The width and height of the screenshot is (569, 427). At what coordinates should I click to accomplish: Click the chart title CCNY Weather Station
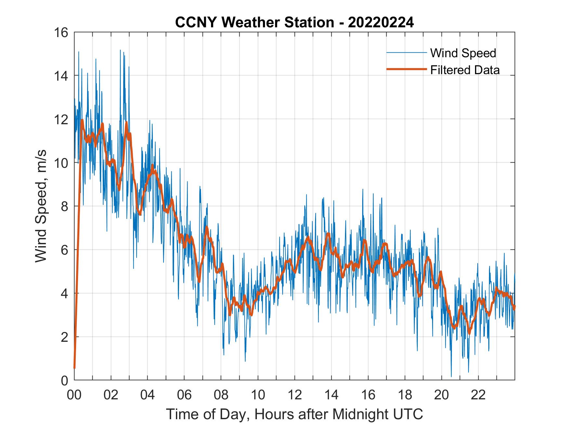(254, 23)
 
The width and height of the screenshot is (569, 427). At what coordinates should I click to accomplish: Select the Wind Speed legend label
(463, 53)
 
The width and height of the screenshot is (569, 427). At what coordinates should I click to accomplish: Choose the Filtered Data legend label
(465, 70)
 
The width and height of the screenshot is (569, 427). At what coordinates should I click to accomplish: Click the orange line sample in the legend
(406, 69)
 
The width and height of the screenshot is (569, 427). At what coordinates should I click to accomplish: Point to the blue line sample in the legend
(406, 53)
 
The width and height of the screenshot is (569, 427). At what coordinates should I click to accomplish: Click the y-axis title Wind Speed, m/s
(41, 206)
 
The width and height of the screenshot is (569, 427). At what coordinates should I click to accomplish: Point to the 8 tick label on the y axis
(64, 206)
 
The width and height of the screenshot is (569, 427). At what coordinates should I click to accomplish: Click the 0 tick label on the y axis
(64, 380)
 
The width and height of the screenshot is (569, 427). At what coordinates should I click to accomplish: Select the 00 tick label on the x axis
(74, 395)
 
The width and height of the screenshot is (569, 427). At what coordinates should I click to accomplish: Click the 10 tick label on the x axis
(258, 395)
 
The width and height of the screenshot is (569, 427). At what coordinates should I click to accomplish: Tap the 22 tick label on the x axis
(478, 395)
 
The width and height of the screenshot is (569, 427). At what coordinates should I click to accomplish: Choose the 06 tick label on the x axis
(184, 395)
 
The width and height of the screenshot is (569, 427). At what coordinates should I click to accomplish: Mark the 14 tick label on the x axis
(331, 395)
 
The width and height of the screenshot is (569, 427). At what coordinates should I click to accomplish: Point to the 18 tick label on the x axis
(405, 395)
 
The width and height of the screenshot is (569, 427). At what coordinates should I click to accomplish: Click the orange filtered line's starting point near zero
(74, 368)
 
